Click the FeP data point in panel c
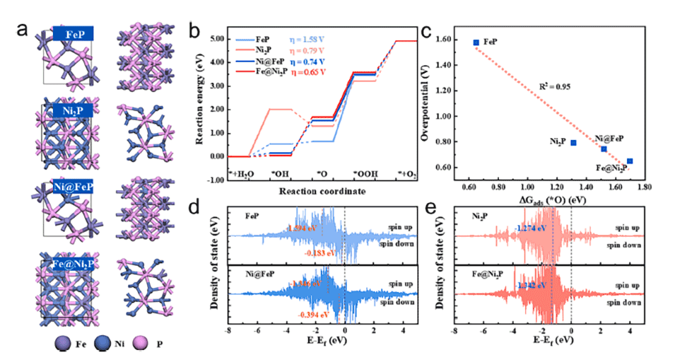476,42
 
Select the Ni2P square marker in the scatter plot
574,143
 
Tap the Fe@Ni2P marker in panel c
630,161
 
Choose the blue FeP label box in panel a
74,33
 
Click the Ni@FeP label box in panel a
74,189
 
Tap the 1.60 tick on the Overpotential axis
447,42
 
